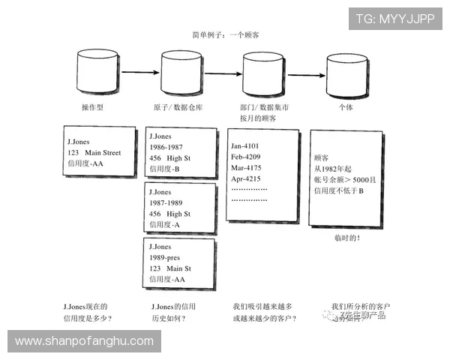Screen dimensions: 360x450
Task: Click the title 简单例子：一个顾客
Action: (226, 35)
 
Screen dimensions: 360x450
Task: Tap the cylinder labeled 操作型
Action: (97, 71)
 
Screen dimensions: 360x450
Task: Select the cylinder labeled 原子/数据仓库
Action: (182, 71)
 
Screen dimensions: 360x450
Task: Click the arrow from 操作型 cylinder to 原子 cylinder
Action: (140, 73)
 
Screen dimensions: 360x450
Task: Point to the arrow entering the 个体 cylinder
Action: (306, 74)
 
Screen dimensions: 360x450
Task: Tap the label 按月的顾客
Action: (258, 118)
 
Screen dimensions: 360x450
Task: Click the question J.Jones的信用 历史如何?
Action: (173, 312)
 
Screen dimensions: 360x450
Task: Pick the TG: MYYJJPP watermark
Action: (394, 19)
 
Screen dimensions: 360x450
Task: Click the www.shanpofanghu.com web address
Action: (84, 341)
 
